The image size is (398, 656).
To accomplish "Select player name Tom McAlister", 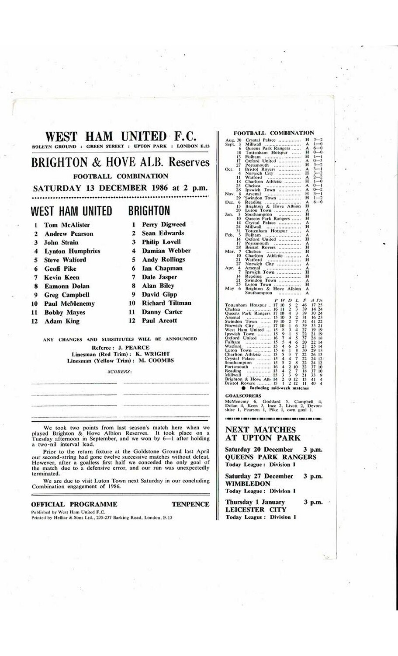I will coord(67,225).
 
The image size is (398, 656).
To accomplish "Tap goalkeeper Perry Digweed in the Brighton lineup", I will coord(163,224).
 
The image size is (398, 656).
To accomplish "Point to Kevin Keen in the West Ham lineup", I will coord(62,277).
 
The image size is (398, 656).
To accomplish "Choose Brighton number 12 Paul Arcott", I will coord(159,321).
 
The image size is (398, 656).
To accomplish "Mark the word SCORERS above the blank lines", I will coord(119,372).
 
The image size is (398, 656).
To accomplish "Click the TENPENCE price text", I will coord(190,504).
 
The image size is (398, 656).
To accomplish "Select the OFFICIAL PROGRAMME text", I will coord(74,504).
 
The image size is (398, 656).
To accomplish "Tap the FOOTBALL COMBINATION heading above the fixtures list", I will coord(273,133).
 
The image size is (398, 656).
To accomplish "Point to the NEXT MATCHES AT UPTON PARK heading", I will coord(263,433).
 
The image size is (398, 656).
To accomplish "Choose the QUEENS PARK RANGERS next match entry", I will coord(270,457).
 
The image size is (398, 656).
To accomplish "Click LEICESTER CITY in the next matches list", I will coord(256,509).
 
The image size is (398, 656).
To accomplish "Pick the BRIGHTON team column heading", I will coord(149,211).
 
